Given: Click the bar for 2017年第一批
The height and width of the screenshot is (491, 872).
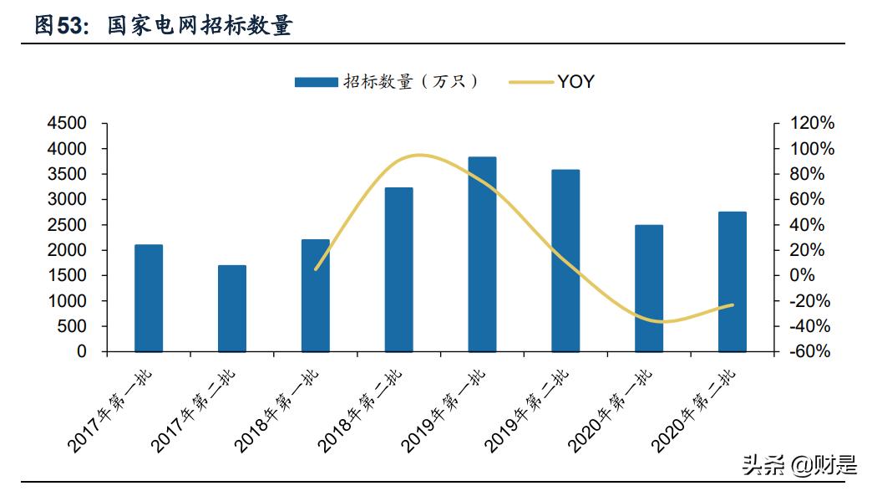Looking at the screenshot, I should [149, 298].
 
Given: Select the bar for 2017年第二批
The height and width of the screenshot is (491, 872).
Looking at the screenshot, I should [232, 309].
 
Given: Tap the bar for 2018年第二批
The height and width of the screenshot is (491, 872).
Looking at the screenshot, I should [398, 269].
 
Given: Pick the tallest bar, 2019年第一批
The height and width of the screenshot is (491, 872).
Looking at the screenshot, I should [482, 254].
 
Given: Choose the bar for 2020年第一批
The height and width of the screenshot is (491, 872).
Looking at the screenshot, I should [649, 288].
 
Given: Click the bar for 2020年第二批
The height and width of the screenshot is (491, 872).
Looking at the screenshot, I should [733, 282].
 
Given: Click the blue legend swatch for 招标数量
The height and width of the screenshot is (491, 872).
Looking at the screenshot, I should [316, 81].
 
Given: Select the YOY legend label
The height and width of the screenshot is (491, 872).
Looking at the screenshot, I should [576, 81].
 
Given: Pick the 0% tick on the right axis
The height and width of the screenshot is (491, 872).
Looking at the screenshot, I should [804, 275].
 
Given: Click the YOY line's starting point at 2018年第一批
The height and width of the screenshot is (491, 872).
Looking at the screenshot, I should [315, 269].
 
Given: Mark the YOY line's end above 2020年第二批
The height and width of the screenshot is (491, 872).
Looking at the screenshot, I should [733, 304].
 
